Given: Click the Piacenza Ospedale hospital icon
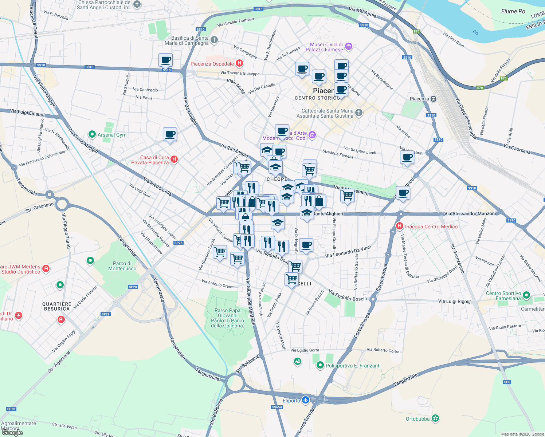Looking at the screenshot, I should [x=239, y=63].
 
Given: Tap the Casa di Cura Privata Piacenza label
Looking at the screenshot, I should [x=150, y=160].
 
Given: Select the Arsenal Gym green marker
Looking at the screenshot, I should [x=92, y=134].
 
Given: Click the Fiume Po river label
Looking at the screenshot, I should [x=513, y=11].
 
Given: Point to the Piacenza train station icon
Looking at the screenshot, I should [x=433, y=99].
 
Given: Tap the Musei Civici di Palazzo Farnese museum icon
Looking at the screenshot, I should [x=349, y=46].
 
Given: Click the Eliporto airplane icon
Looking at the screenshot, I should [x=305, y=400].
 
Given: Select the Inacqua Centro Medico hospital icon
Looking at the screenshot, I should [x=400, y=226].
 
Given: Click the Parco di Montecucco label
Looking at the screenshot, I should [x=122, y=266].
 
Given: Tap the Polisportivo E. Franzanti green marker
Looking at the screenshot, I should [x=320, y=365].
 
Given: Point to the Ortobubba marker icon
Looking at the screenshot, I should [x=435, y=418].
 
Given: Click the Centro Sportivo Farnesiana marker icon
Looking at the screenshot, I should [x=526, y=295].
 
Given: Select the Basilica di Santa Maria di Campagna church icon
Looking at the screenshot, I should [x=214, y=40].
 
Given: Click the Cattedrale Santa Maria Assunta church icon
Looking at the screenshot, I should [x=359, y=113].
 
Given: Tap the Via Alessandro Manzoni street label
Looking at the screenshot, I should [x=470, y=213].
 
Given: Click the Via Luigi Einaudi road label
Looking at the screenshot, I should [x=27, y=113].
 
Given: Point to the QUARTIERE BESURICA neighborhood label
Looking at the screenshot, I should [x=57, y=306].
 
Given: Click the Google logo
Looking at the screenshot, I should [x=12, y=433].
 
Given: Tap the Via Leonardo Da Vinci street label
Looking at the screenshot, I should [x=348, y=251].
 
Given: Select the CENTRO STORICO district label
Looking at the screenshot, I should [x=317, y=98].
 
